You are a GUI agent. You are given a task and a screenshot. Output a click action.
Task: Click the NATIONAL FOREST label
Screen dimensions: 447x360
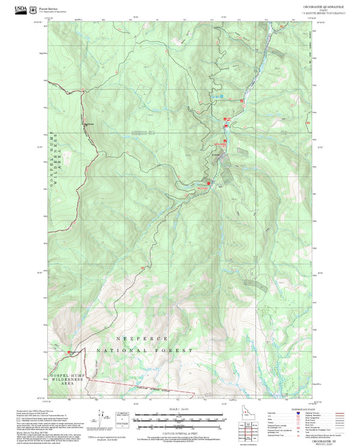[145, 351]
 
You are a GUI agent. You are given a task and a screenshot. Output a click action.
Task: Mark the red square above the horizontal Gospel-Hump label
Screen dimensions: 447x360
[68, 352]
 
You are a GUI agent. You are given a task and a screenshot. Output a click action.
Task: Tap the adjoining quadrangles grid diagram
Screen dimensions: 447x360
[251, 429]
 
